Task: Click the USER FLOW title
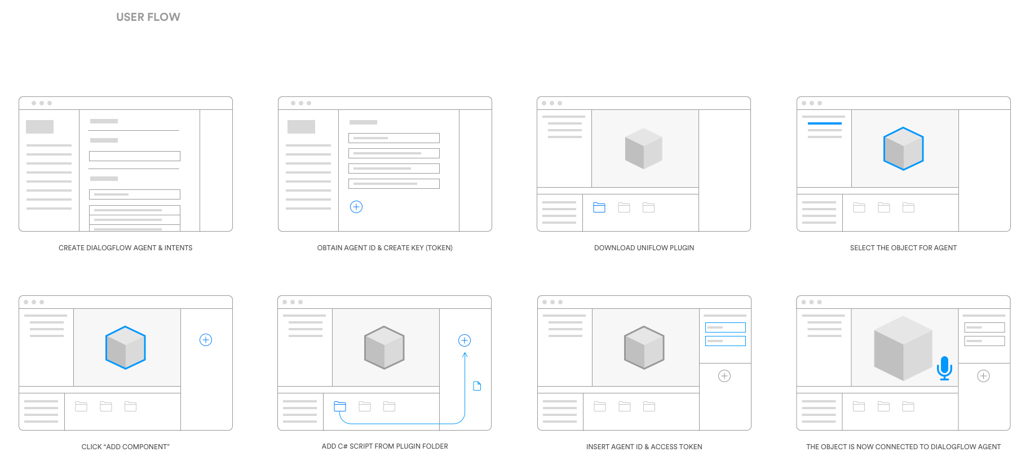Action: click(x=148, y=17)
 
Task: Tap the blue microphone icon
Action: click(x=944, y=368)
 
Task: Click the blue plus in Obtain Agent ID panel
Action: click(x=356, y=207)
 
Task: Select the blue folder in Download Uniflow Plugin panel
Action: click(x=599, y=207)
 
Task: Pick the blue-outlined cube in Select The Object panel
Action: click(x=903, y=149)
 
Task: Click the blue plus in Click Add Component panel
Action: click(x=206, y=340)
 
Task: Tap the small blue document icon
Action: click(x=477, y=386)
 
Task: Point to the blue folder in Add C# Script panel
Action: click(x=340, y=406)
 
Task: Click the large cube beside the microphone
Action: click(x=902, y=348)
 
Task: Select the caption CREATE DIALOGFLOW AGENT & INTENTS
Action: click(x=125, y=248)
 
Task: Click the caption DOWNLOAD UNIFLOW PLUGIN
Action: click(x=644, y=248)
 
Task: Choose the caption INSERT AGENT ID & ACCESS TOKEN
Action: click(x=644, y=447)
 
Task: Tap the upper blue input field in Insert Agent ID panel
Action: click(x=725, y=327)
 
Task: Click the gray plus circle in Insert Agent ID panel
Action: click(x=724, y=376)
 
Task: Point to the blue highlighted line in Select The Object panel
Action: click(x=824, y=123)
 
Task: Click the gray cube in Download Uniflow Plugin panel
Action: click(x=643, y=149)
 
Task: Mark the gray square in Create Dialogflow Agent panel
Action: click(x=39, y=127)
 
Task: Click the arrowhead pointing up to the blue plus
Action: click(x=465, y=355)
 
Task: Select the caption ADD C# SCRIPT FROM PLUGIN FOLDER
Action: click(x=384, y=446)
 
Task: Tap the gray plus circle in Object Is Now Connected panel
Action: click(x=983, y=376)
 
